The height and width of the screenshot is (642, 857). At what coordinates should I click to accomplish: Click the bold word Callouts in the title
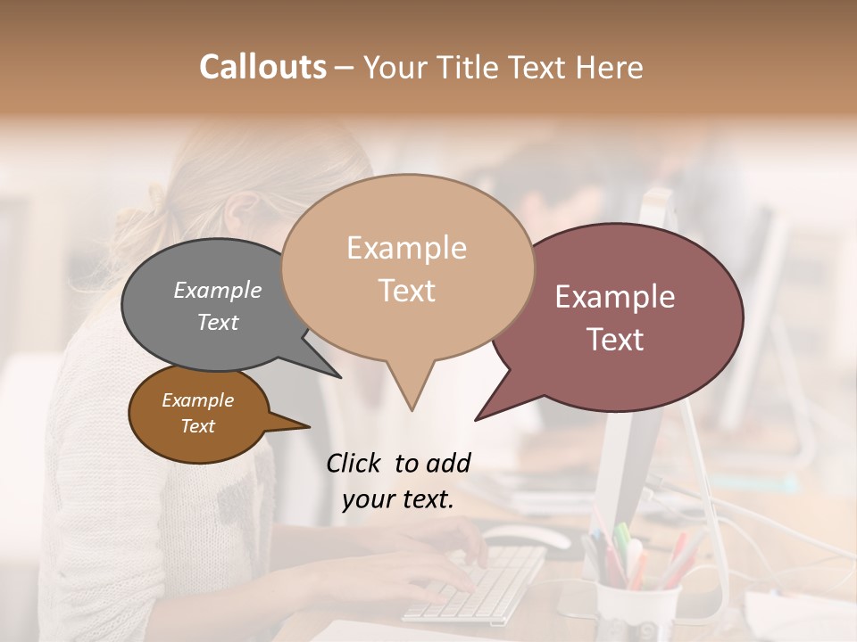click(262, 67)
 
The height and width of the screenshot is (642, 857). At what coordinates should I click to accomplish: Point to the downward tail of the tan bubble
click(411, 392)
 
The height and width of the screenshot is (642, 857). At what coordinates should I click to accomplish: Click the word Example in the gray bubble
click(218, 290)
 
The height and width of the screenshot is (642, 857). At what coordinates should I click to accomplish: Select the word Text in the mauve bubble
click(615, 340)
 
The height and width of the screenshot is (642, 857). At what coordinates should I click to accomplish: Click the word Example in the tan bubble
click(406, 248)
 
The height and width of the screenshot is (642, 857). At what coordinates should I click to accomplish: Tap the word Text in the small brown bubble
click(198, 426)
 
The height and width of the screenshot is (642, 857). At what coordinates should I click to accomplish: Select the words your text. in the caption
click(398, 499)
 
